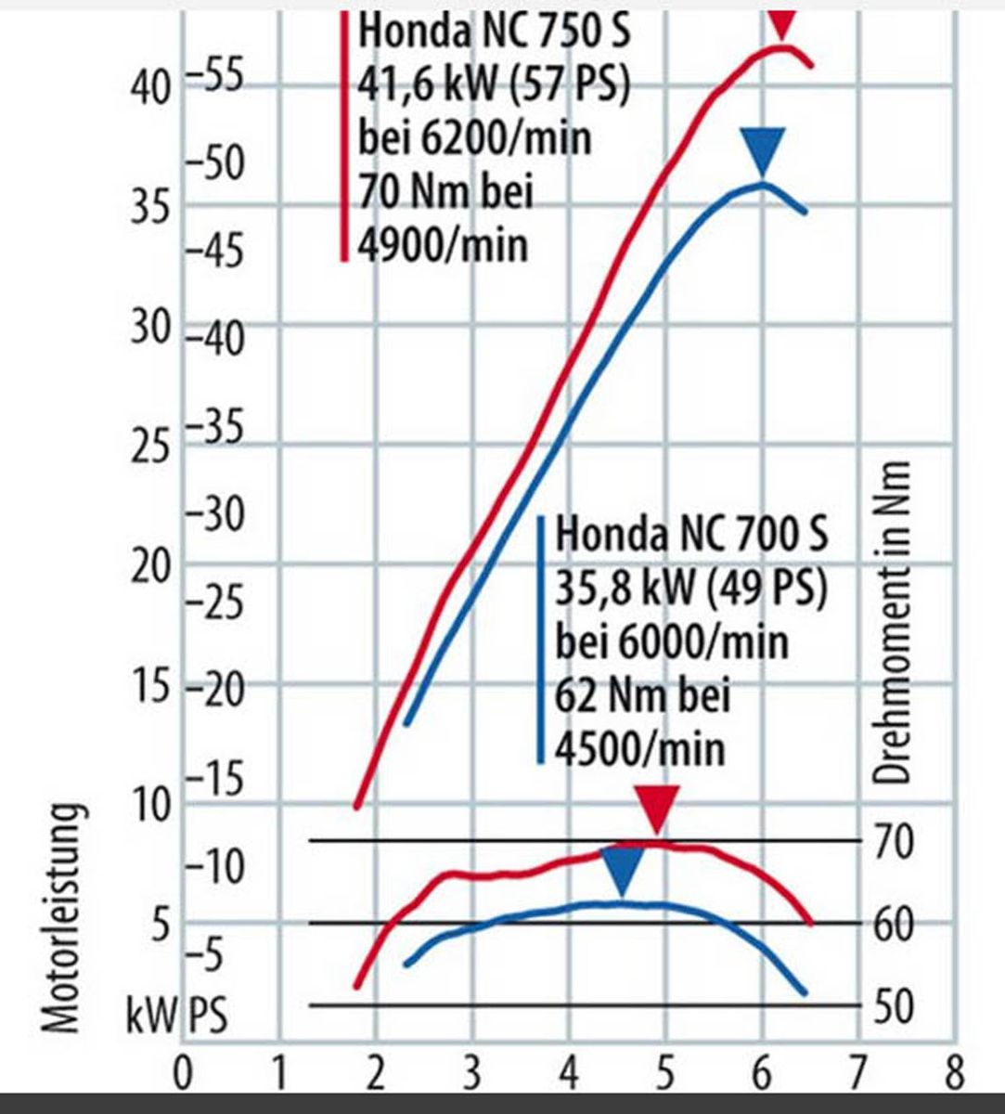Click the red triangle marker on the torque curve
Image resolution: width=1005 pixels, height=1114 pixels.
tap(657, 807)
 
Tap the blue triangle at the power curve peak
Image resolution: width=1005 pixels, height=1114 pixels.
tap(763, 150)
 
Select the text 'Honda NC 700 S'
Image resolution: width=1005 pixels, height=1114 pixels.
tap(691, 535)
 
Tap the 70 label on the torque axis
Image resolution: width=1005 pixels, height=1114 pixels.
tap(894, 841)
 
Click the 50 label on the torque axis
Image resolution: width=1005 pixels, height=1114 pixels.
tap(894, 1005)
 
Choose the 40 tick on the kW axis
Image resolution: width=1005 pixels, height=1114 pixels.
tap(150, 88)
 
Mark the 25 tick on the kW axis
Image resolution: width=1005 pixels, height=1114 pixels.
tap(150, 447)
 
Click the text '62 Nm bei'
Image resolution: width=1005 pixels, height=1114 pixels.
tap(642, 694)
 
